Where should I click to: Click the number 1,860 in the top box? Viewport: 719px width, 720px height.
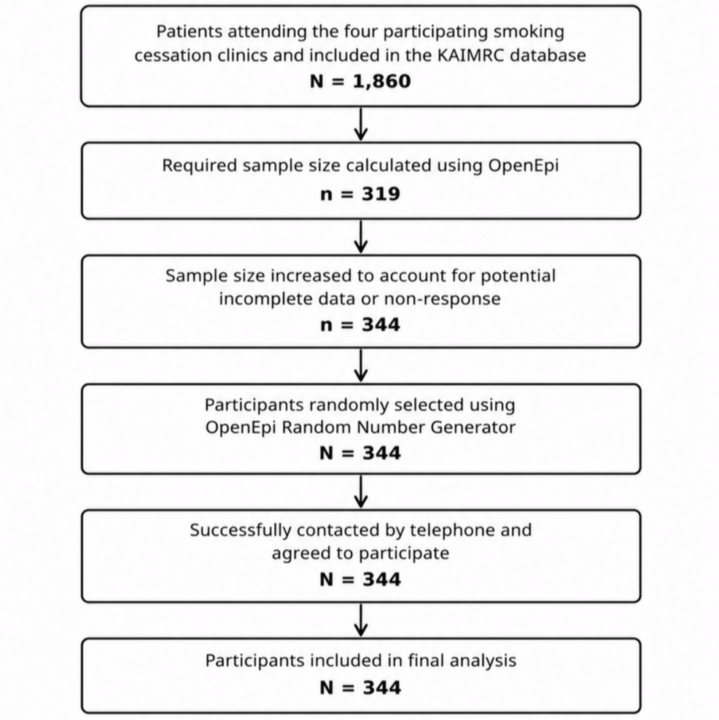click(382, 82)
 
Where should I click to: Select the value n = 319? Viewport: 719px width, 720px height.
click(360, 194)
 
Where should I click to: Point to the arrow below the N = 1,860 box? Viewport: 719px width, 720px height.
click(361, 124)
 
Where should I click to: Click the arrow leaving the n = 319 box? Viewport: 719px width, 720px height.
click(361, 236)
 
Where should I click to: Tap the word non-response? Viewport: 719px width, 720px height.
click(442, 299)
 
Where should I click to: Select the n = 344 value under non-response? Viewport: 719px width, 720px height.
click(360, 325)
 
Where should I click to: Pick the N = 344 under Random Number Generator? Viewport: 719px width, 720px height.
click(360, 453)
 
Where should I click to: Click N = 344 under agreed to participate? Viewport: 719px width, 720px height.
click(360, 579)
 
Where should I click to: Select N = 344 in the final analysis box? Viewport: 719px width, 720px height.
click(360, 688)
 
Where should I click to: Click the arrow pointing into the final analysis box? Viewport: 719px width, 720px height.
click(361, 620)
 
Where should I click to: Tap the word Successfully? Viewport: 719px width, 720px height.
click(241, 531)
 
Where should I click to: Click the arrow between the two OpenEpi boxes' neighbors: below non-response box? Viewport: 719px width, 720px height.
click(361, 365)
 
